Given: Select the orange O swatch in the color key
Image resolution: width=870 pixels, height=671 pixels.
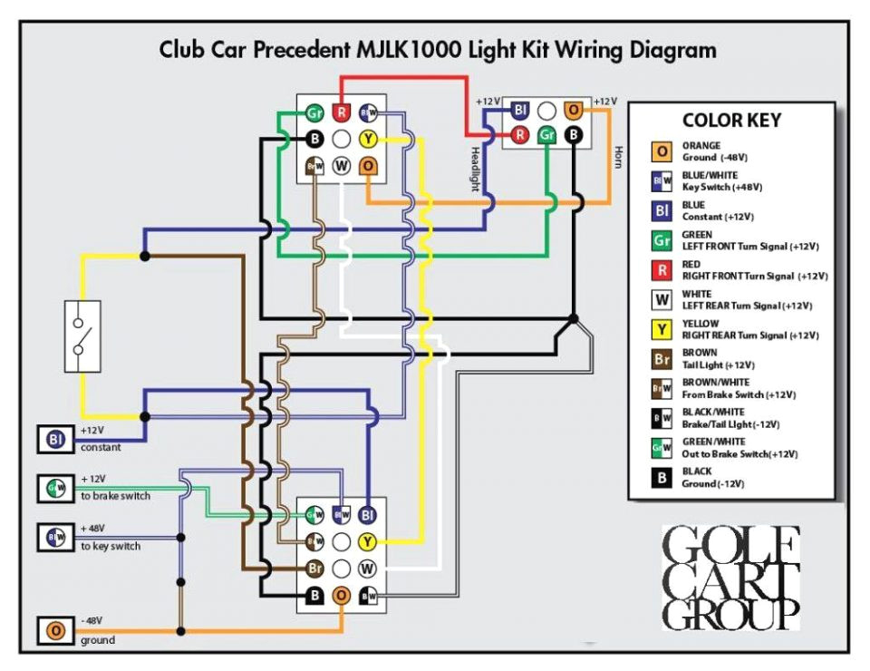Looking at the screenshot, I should (x=662, y=151).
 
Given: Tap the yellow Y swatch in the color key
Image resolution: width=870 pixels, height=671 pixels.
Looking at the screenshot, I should (x=662, y=329).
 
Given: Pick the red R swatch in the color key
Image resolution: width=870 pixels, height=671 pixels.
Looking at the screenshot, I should (x=662, y=270).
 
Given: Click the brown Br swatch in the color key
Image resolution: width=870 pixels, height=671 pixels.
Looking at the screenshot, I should (x=662, y=359).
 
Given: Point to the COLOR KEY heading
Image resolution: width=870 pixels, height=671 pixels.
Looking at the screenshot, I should (x=730, y=121).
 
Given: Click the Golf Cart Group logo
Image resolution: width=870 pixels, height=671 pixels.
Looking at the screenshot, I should (x=730, y=578).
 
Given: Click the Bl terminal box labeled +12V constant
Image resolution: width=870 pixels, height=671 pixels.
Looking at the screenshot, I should (x=55, y=440).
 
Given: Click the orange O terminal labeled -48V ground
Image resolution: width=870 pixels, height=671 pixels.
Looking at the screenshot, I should (x=55, y=630).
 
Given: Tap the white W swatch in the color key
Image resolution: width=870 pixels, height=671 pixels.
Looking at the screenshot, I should (x=662, y=300).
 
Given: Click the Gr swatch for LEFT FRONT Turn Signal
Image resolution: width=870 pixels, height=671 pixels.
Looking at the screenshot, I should (x=662, y=240).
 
